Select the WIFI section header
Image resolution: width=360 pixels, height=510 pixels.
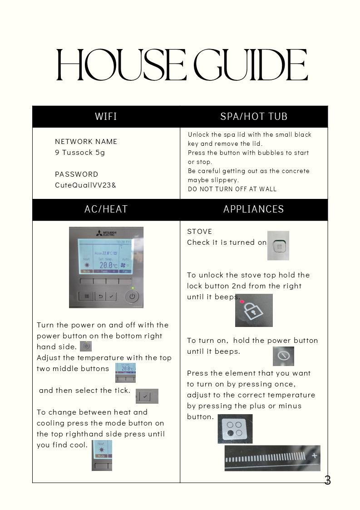pos(106,117)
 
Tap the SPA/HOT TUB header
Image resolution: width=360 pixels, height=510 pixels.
pos(254,117)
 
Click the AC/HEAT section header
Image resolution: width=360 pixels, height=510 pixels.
pos(106,209)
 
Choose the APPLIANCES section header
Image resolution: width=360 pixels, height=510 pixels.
pos(254,209)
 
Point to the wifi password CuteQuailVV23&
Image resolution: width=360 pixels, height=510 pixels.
pos(85,185)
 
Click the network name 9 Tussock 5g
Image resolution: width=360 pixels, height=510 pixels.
pos(80,153)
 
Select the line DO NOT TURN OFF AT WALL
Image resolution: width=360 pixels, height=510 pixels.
pos(232,189)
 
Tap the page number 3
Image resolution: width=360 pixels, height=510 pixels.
pos(328,480)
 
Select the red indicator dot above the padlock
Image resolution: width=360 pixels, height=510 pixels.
pos(242,301)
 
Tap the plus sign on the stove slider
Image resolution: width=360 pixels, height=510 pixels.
pos(314,456)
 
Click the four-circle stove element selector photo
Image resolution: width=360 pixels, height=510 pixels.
pos(235,429)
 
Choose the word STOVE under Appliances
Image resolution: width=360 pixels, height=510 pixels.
pos(200,232)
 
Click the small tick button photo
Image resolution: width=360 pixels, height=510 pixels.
pos(147,396)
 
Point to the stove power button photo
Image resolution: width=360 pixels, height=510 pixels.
pos(283,356)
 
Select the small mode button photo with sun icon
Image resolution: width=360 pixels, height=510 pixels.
pos(102,455)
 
